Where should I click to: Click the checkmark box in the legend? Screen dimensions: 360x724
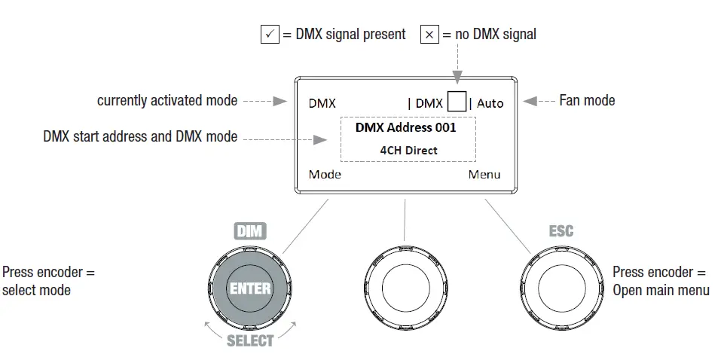(270, 35)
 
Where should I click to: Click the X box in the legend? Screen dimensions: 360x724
(429, 35)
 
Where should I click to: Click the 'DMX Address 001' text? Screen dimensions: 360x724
(406, 127)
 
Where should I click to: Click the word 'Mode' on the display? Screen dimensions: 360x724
(325, 175)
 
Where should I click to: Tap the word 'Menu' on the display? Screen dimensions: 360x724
(484, 175)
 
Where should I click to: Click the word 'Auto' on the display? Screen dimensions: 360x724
(490, 103)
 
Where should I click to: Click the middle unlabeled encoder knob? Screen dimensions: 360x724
(405, 287)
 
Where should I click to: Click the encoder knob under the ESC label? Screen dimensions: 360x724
(561, 287)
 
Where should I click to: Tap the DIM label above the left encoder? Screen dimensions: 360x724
(250, 231)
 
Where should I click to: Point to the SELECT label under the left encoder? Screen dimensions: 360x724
(250, 341)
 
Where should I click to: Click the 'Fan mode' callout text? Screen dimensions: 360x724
(587, 100)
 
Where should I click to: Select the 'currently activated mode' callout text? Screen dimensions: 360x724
(167, 100)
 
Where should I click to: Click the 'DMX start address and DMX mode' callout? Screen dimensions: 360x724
(141, 137)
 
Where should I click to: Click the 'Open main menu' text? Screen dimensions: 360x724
(661, 289)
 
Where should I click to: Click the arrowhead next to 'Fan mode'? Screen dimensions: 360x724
(530, 101)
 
